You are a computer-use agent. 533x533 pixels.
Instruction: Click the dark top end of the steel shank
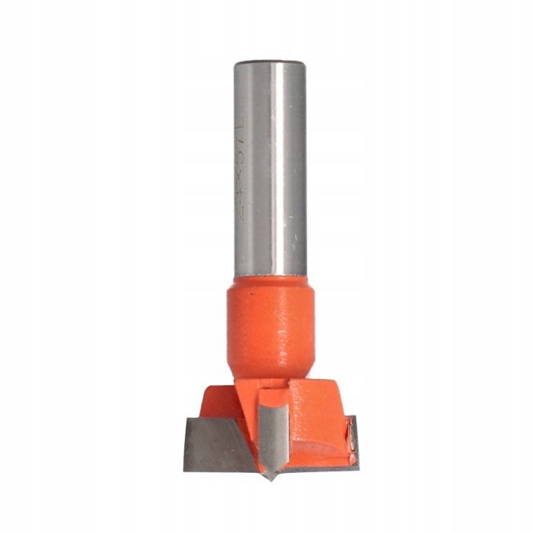(269, 63)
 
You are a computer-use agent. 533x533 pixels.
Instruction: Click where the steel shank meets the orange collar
(269, 278)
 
